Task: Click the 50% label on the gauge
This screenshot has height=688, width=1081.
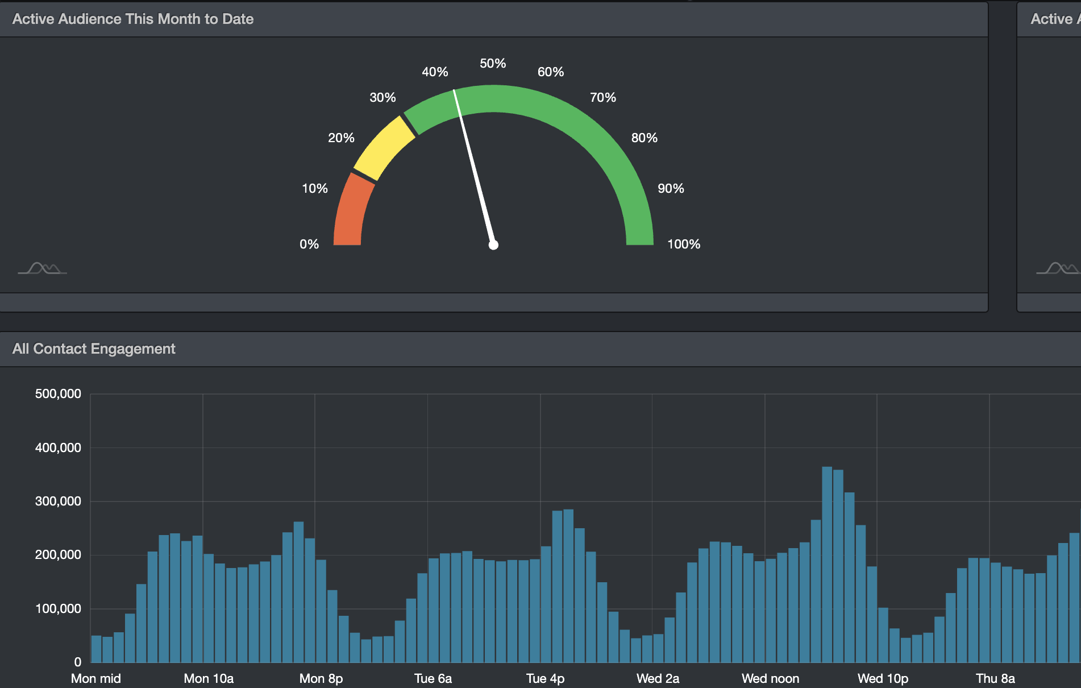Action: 493,64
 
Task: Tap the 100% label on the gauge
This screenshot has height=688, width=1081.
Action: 683,244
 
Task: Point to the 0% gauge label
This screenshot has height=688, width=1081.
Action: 309,244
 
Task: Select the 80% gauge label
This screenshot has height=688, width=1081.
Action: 644,138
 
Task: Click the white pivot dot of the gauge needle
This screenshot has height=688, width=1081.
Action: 493,245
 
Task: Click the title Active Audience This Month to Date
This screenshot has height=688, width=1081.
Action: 133,19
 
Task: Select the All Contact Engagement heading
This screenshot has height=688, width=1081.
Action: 94,349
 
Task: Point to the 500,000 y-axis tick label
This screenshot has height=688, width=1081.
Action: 58,394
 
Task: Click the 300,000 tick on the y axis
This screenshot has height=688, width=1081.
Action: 58,502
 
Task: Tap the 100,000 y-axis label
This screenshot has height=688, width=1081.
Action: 58,609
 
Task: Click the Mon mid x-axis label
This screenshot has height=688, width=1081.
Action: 96,679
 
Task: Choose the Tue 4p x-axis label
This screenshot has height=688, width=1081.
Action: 545,679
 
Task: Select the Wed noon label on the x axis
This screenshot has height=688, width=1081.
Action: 770,679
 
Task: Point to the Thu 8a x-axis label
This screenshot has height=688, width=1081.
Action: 995,679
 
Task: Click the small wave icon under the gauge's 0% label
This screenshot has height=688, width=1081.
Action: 42,268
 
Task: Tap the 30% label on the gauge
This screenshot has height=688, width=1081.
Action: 382,98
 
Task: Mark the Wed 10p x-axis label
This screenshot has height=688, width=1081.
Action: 883,679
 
